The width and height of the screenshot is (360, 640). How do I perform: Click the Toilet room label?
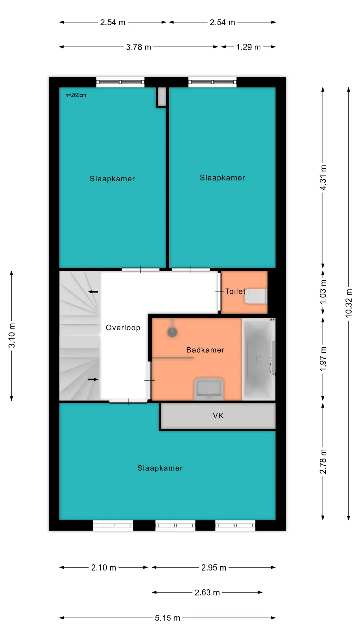pos(235,291)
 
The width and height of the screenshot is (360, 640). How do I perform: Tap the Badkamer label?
pos(205,350)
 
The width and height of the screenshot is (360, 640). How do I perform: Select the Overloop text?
pos(123,328)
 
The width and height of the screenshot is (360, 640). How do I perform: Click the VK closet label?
pos(218,416)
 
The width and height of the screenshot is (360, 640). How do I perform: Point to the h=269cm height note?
pos(76,95)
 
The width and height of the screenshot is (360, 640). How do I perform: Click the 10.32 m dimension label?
pos(349,303)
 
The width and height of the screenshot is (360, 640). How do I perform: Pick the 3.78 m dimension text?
pos(139,47)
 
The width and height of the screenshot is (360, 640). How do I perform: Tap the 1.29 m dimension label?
pos(248,47)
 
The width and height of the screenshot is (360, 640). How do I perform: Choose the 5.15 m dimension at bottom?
pos(167,618)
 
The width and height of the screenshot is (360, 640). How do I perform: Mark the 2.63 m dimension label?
pos(207,593)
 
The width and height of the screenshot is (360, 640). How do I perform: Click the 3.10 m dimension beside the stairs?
pos(12,335)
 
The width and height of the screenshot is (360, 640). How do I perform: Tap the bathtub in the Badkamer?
pos(259,359)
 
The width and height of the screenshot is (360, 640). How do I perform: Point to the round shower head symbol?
pos(172,332)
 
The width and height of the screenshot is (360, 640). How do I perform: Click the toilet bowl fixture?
pos(256,297)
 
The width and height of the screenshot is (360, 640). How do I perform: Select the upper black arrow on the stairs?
pos(93,292)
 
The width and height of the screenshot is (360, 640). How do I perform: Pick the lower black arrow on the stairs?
pos(93,379)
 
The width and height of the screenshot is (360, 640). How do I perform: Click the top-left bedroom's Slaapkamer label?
pos(112,179)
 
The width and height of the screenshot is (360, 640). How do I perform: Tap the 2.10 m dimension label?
pos(104,568)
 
